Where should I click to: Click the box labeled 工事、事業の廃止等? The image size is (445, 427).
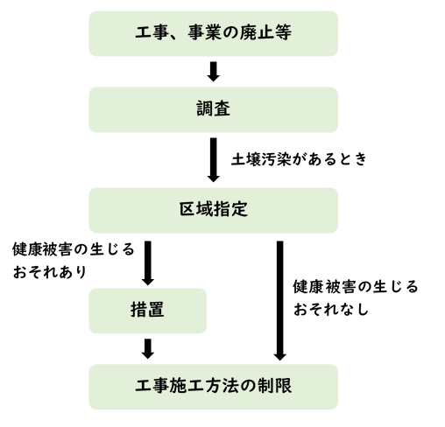coord(213,34)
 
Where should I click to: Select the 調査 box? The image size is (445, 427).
coord(213,111)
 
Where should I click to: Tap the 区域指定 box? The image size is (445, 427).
coord(213,210)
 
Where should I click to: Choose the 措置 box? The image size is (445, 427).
coord(148,310)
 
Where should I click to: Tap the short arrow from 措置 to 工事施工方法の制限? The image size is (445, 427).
coord(148,348)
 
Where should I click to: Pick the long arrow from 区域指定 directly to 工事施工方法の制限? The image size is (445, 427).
coord(279,297)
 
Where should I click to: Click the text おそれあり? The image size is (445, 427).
coord(49,272)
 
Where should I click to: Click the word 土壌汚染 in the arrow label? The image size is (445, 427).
coord(264,160)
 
